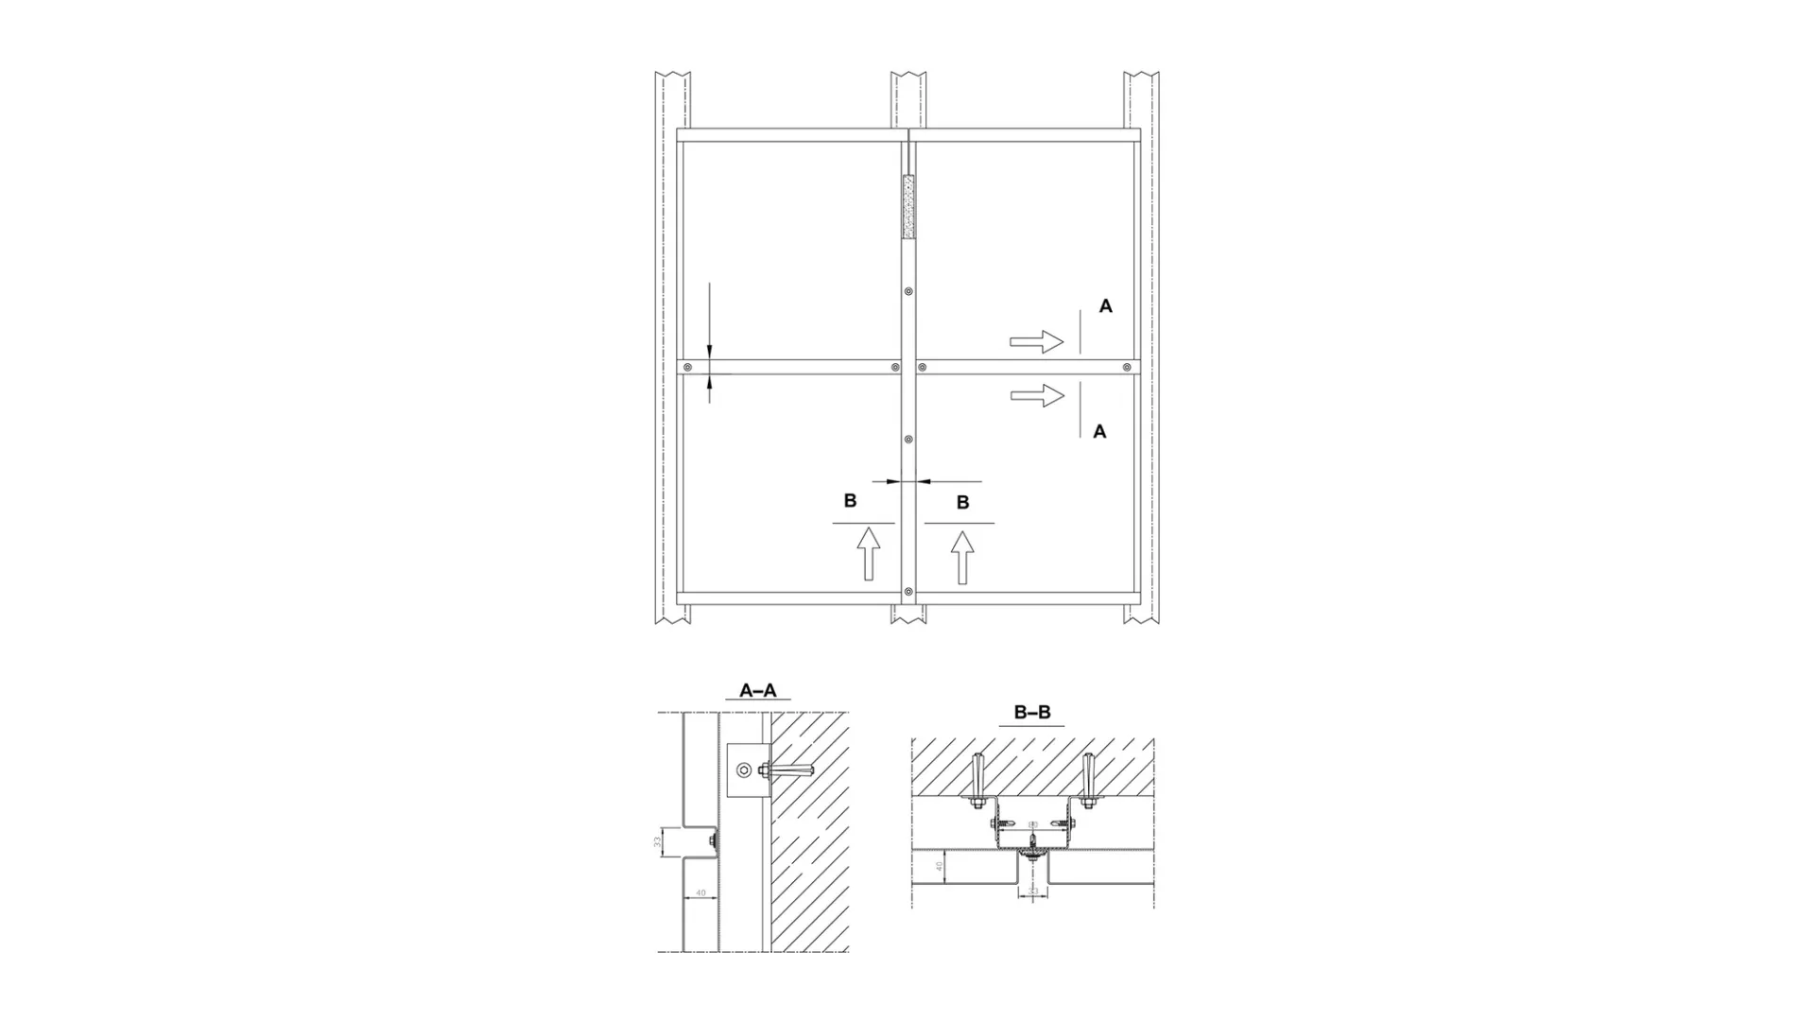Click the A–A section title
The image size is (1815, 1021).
coord(758,691)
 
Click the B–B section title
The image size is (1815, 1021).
coord(1032,713)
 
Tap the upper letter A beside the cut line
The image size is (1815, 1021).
coord(1105,306)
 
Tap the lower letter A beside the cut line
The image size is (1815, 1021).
coord(1099,432)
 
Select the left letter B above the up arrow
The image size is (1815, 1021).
coord(850,501)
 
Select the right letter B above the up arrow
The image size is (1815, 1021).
coord(962,503)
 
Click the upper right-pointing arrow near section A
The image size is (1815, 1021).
coord(1037,341)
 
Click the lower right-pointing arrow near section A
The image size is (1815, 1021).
coord(1037,395)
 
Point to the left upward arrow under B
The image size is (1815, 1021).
coord(869,554)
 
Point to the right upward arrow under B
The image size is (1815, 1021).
coord(962,557)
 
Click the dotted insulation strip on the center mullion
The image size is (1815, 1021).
coord(909,206)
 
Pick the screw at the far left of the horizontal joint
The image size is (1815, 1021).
coord(689,368)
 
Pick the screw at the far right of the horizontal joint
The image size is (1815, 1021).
coord(1126,368)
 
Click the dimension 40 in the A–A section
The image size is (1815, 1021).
coord(700,892)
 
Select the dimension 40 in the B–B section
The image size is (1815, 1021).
coord(939,866)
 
